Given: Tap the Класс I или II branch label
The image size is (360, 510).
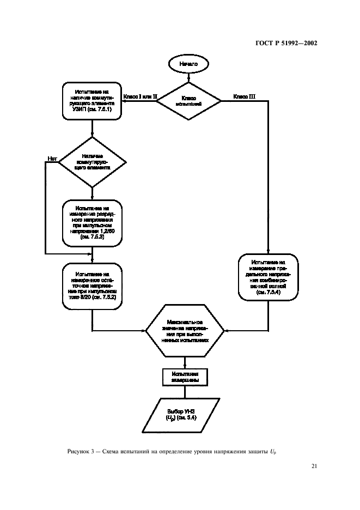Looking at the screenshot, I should point(141,97).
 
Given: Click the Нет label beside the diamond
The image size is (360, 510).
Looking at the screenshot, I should point(52,159).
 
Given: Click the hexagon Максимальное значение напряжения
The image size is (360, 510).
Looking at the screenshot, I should point(185,330).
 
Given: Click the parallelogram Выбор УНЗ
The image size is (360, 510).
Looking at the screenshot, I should point(185,415).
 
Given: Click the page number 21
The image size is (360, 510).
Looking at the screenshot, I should point(314,466).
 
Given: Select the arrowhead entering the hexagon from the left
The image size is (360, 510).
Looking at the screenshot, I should point(144,330).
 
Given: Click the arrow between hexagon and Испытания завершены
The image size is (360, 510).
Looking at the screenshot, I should point(185,361).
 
